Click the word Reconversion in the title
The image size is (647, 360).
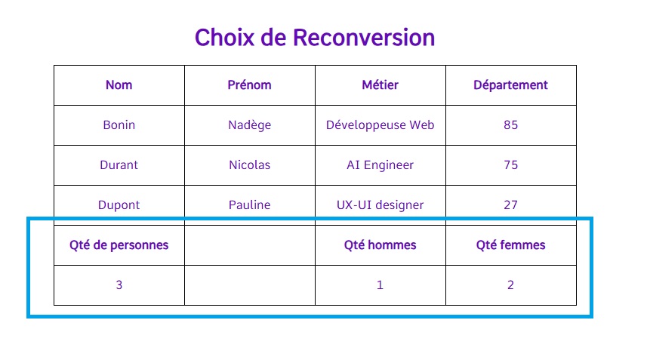pos(364,38)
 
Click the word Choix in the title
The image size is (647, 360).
pos(224,38)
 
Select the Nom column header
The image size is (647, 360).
pos(119,85)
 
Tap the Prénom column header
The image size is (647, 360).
pos(249,85)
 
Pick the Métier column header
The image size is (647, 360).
pos(380,85)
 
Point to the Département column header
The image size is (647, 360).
pos(510,85)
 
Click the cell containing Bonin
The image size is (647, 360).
pos(119,125)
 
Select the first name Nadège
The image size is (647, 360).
pos(250,125)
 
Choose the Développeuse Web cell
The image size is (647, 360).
pos(380,125)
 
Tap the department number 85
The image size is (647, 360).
pos(510,125)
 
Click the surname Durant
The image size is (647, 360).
pos(119,165)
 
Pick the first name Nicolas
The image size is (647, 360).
pos(250,165)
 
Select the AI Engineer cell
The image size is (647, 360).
pos(380,165)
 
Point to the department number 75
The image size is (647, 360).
pos(510,165)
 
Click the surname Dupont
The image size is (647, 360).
pos(119,205)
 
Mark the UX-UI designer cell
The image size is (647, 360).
pos(380,205)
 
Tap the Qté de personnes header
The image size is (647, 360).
pos(119,245)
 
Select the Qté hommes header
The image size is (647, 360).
pos(380,245)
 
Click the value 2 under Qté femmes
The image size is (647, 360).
pos(510,285)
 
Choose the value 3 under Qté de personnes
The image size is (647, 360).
pos(119,285)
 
